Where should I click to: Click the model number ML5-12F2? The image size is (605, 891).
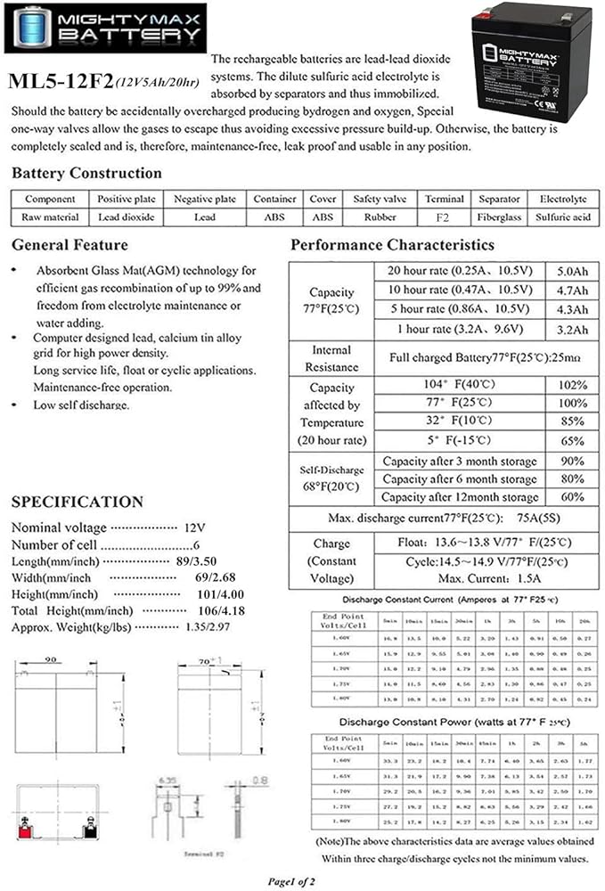[x=60, y=83]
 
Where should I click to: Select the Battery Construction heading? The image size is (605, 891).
[x=86, y=173]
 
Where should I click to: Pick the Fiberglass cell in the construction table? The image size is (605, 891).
[x=499, y=217]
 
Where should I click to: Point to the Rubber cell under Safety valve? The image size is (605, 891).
[x=380, y=217]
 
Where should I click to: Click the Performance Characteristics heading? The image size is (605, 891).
[x=392, y=244]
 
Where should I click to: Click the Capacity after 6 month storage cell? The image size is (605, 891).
[x=459, y=479]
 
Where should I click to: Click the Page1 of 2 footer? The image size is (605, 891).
[x=303, y=879]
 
